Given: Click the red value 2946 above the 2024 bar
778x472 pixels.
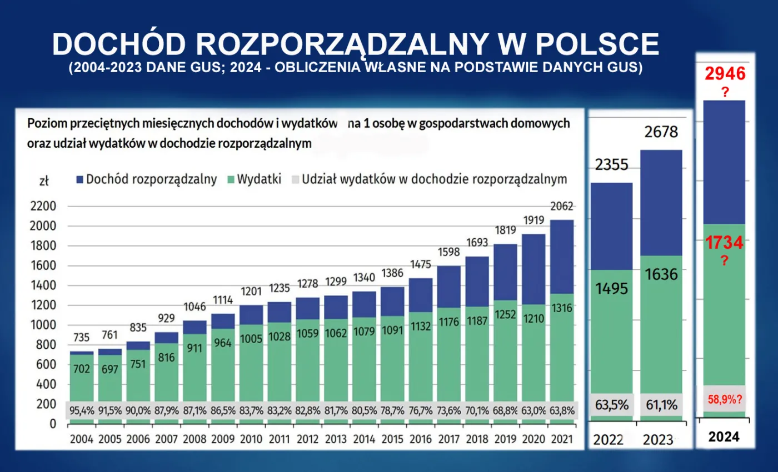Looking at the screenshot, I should [725, 73].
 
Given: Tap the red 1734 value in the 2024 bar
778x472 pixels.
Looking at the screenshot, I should [724, 242].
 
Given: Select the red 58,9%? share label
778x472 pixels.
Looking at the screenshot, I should [725, 399].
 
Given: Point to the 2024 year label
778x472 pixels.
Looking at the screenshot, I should [724, 437].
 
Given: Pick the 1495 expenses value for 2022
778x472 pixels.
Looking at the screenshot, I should [611, 288].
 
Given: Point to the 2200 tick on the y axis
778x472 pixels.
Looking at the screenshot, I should [45, 207].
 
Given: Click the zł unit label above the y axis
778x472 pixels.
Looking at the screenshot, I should [44, 180].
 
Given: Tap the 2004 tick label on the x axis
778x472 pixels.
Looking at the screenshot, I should [82, 438].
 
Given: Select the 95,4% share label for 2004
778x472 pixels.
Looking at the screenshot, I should [82, 411].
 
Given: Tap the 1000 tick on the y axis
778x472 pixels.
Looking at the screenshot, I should [45, 325].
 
